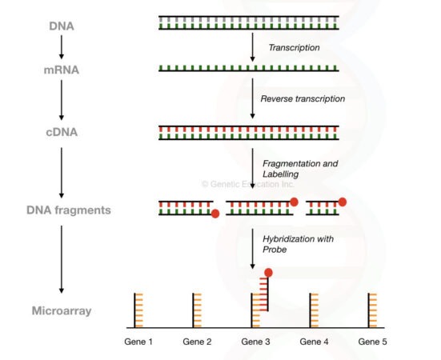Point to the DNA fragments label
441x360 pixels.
click(61, 210)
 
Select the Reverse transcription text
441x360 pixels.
click(303, 99)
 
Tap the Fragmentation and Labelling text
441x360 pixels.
click(300, 168)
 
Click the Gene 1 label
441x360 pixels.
click(139, 342)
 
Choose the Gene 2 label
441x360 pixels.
click(198, 342)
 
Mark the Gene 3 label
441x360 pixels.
click(256, 342)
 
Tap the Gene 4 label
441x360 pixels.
click(315, 342)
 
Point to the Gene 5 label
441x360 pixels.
click(373, 342)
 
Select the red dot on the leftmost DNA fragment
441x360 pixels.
click(214, 214)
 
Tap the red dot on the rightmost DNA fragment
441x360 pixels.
click(343, 202)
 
